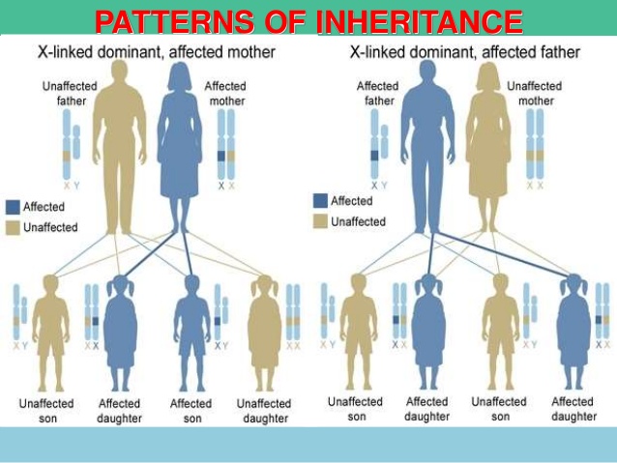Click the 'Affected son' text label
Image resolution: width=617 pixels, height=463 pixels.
[191, 410]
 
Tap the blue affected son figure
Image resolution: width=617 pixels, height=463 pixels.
[191, 329]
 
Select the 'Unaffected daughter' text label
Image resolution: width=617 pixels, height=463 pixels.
[264, 411]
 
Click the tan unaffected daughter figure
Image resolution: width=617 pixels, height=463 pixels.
[264, 329]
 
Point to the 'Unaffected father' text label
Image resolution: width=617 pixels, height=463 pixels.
[70, 94]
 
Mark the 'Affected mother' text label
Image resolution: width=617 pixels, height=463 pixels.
[225, 94]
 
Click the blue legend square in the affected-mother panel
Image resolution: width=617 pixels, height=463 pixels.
[13, 207]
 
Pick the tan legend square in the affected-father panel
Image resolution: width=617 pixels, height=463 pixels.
[319, 221]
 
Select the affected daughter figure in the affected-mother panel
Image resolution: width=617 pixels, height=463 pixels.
[120, 329]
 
